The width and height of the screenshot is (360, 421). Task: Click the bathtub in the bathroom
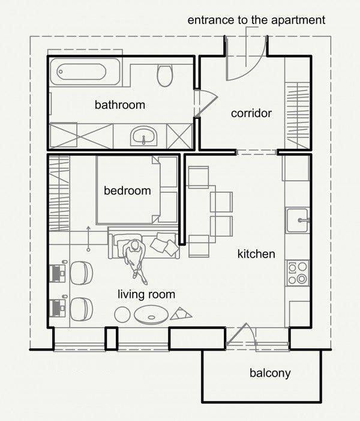[85, 72]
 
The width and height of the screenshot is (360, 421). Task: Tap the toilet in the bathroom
[164, 75]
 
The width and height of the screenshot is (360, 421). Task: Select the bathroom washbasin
[143, 136]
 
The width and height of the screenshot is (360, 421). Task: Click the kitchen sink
[298, 220]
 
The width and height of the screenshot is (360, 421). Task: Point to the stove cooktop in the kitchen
[298, 273]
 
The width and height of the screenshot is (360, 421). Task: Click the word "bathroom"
[120, 104]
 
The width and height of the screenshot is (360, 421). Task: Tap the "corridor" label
[251, 114]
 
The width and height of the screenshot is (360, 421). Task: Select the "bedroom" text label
[127, 190]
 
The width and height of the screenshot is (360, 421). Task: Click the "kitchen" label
[256, 253]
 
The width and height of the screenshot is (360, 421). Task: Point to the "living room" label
[146, 294]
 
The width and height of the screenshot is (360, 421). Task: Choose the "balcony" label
[270, 373]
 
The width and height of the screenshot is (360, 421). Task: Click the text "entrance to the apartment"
[256, 20]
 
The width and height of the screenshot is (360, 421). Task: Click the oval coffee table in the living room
[151, 314]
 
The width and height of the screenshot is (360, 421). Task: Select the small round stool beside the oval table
[122, 315]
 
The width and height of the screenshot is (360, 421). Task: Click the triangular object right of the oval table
[181, 313]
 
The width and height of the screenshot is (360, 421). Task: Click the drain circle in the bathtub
[61, 72]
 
